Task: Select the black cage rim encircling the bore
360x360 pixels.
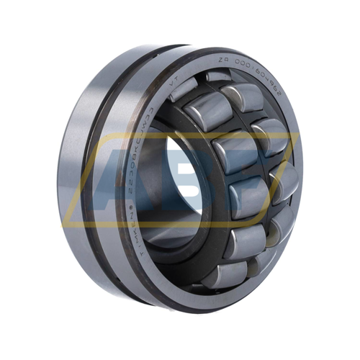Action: click(x=156, y=180)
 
